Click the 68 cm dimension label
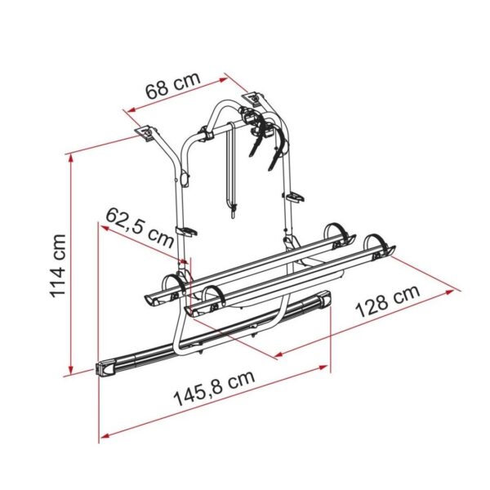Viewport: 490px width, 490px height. [173, 86]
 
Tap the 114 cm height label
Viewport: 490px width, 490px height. [58, 265]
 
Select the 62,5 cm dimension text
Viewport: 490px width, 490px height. [139, 228]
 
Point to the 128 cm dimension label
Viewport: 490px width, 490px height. [388, 301]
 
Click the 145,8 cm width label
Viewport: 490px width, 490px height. [214, 388]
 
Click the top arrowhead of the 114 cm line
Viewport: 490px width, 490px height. [71, 158]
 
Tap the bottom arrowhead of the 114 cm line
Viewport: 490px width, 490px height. [72, 370]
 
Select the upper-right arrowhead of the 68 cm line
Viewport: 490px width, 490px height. [223, 80]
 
